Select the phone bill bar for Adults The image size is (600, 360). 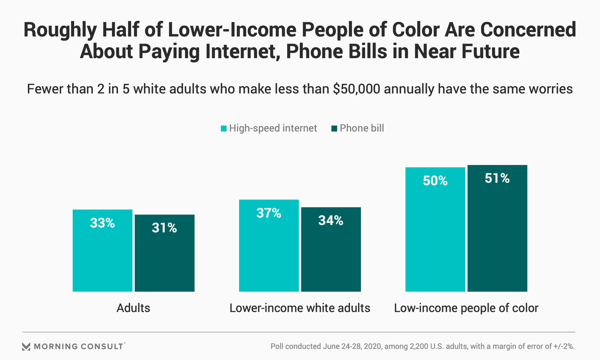164,253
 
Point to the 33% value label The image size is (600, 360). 102,223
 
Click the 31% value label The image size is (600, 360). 164,228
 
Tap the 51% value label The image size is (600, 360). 497,178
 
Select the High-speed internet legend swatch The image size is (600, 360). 223,128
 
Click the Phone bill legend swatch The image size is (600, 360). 334,128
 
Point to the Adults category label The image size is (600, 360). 133,308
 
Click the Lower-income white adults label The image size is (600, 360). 300,308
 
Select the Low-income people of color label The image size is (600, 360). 466,308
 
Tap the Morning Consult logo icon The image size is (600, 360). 26,346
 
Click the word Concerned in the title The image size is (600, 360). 528,30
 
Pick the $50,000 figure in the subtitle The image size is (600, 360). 356,89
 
